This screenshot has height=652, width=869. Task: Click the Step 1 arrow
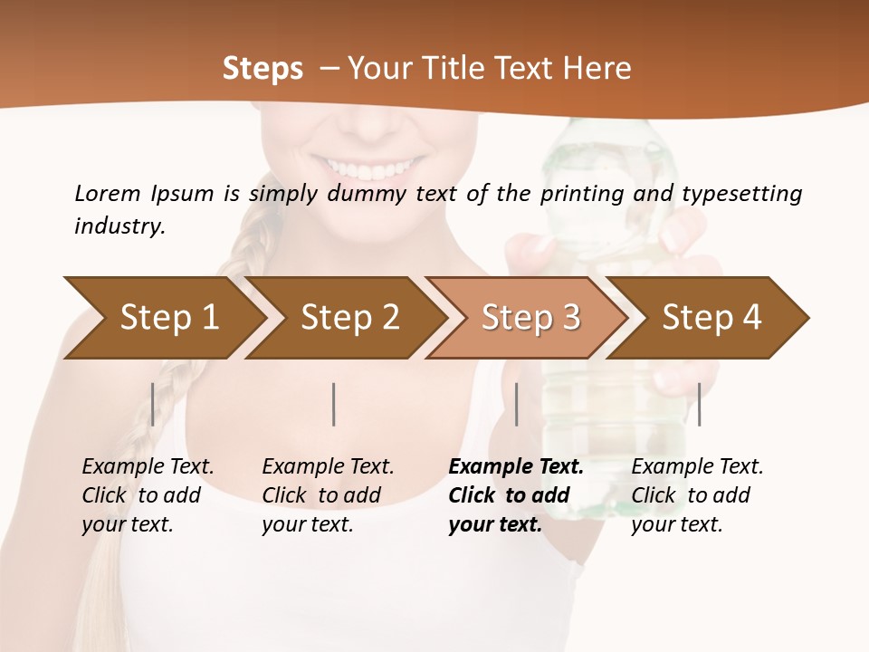coord(163,318)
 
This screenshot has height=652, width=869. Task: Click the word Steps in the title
coord(263,69)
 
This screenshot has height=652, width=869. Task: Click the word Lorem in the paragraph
coord(107,193)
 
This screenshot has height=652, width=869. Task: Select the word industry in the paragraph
coord(119,225)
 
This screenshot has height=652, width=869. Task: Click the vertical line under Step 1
coord(153,404)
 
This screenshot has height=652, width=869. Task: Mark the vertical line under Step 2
coord(334,404)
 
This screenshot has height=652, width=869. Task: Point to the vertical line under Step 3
coord(516,404)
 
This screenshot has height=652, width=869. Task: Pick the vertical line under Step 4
coord(699,404)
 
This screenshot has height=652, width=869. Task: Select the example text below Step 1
coord(148,495)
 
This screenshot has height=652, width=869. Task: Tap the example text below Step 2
coord(328,495)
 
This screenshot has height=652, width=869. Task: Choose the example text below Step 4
coord(697,495)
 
